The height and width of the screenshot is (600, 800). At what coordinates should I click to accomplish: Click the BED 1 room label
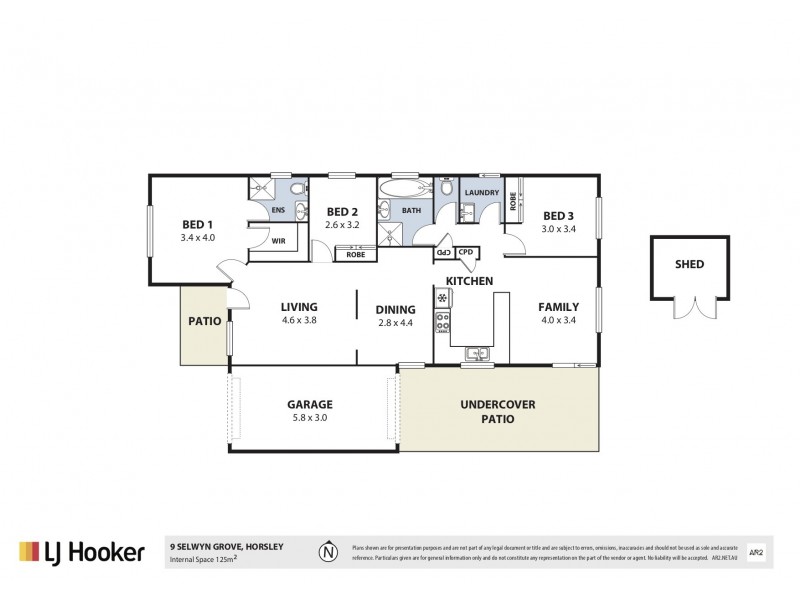(x=197, y=224)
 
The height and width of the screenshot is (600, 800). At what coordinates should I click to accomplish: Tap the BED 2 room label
(x=342, y=212)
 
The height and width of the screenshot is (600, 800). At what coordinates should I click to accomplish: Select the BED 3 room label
(x=558, y=215)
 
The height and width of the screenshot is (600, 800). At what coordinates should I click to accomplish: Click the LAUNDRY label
(x=480, y=191)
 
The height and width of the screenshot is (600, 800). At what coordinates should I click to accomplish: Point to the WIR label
(x=279, y=241)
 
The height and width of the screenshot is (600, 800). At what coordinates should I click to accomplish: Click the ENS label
(x=279, y=210)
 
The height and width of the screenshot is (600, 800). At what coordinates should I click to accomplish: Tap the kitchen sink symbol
(x=475, y=351)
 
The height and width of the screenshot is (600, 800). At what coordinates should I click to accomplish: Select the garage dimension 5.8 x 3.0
(x=309, y=418)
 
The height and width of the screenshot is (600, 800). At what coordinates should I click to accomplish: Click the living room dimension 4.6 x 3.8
(x=298, y=321)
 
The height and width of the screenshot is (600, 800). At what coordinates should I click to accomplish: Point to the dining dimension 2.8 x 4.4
(x=394, y=323)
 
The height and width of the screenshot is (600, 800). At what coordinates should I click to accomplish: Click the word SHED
(x=689, y=265)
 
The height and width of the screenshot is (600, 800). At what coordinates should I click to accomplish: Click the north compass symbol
(x=326, y=552)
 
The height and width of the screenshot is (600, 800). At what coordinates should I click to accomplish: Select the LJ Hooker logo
(x=81, y=552)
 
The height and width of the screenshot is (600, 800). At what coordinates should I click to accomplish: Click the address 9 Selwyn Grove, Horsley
(x=227, y=546)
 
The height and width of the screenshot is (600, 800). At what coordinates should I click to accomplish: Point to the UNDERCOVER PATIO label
(x=499, y=411)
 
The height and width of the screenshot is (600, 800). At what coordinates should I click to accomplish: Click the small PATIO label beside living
(x=204, y=322)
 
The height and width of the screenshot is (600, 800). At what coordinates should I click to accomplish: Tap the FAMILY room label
(x=559, y=307)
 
